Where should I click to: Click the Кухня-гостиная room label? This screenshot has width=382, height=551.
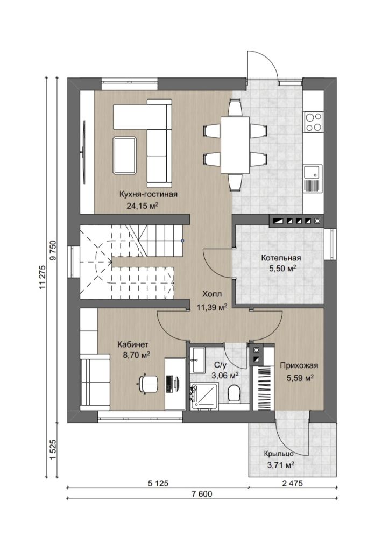(x=148, y=194)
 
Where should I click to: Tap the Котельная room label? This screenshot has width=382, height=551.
(x=281, y=258)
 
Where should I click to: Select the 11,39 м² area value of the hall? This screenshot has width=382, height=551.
(x=212, y=308)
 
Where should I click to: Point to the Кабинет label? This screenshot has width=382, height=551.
(x=133, y=344)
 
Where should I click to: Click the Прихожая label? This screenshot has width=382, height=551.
(x=299, y=365)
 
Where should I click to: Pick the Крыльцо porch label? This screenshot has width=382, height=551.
(x=279, y=454)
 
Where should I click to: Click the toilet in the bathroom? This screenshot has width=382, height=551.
(x=234, y=393)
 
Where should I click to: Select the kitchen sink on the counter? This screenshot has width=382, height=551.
(x=313, y=179)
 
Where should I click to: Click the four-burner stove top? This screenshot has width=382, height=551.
(x=313, y=122)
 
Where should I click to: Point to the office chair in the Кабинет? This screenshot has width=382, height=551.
(x=148, y=383)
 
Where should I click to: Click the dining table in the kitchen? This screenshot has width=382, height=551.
(x=235, y=145)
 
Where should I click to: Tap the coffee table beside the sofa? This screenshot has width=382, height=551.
(x=124, y=156)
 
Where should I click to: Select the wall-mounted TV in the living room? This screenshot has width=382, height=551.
(x=84, y=152)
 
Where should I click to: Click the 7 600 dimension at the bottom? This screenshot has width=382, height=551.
(x=202, y=494)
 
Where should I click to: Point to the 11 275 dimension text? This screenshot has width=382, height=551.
(x=43, y=277)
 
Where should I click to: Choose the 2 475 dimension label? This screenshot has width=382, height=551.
(x=292, y=483)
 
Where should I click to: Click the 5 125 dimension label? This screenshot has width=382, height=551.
(x=158, y=483)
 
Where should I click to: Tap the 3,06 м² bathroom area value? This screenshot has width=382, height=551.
(x=225, y=375)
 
